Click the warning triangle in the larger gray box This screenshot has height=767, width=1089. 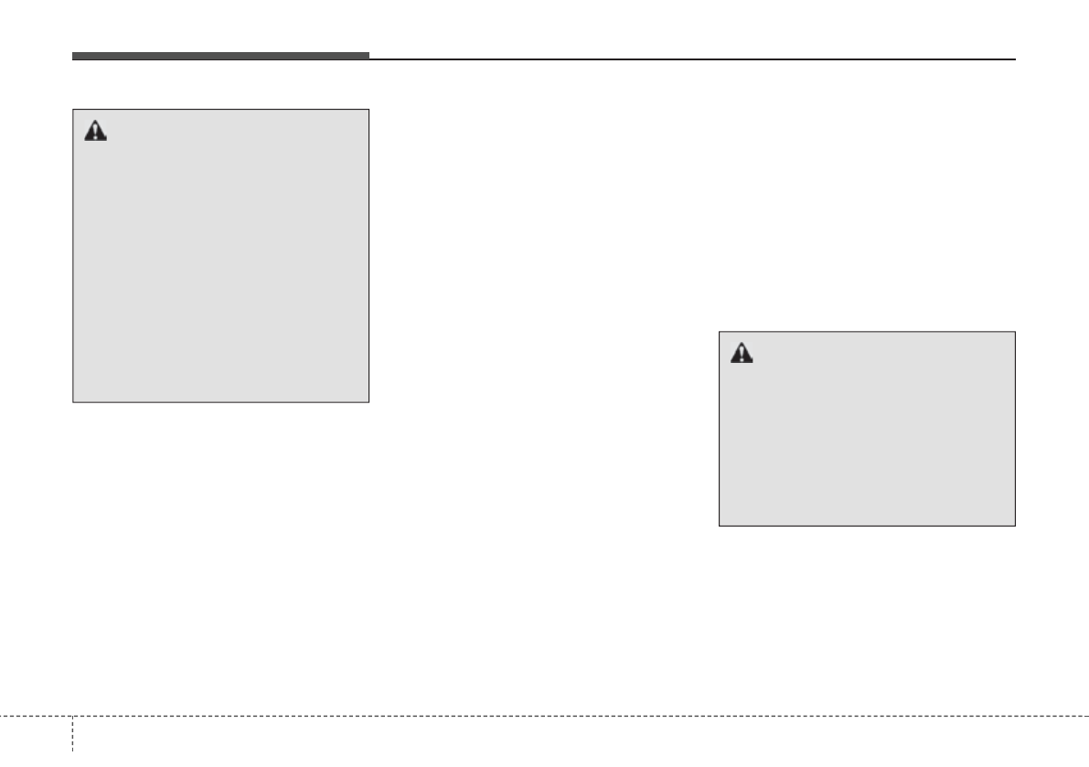tap(95, 132)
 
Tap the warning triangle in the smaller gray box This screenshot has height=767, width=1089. tap(742, 354)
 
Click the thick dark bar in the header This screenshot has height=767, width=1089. tap(220, 57)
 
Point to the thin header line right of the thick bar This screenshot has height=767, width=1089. tap(692, 59)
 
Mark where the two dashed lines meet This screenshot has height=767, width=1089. tap(72, 715)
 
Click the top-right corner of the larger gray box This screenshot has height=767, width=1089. tap(368, 111)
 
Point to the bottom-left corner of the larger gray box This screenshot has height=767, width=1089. tap(73, 402)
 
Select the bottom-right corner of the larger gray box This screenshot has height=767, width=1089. tap(368, 402)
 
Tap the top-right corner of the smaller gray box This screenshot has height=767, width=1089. tap(1015, 332)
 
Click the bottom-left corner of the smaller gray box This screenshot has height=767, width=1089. tap(720, 526)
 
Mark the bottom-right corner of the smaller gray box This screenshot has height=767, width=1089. tap(1015, 526)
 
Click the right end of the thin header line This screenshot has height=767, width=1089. tap(1015, 59)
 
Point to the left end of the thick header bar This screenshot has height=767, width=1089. tap(73, 57)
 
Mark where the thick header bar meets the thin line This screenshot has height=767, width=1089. tap(369, 58)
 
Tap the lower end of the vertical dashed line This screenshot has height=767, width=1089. tap(72, 764)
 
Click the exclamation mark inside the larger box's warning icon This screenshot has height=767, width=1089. tap(95, 133)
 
